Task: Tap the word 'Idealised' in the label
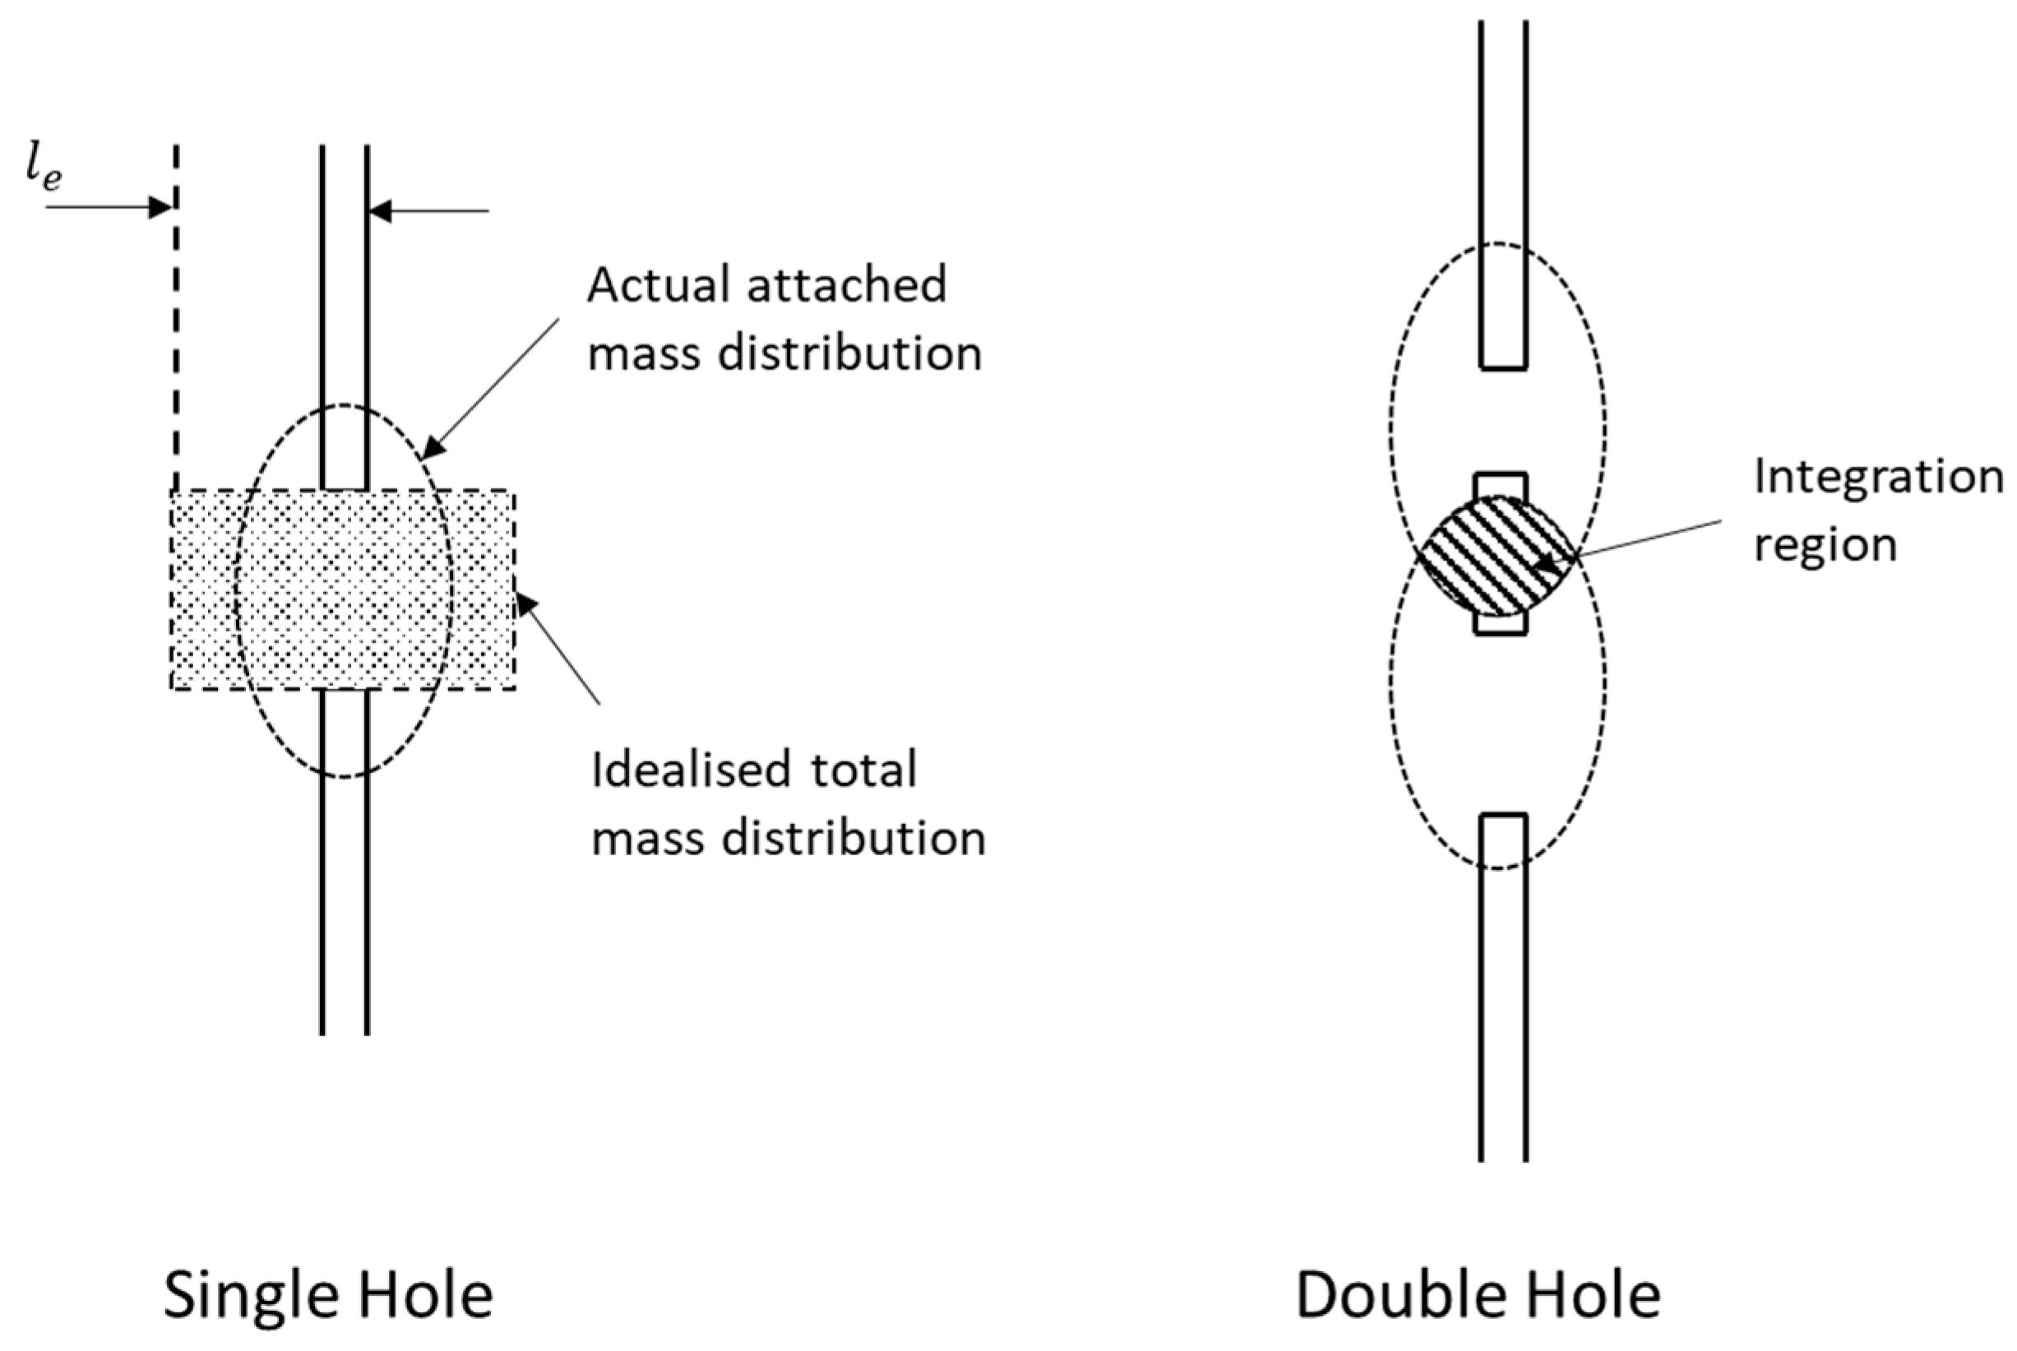[x=690, y=770]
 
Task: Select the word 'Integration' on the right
[x=1877, y=477]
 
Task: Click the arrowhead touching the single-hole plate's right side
[x=380, y=211]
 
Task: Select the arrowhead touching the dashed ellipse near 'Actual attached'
[x=431, y=449]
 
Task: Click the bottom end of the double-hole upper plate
[x=1503, y=368]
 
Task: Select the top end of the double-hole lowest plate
[x=1503, y=815]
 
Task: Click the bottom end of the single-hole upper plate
[x=345, y=488]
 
